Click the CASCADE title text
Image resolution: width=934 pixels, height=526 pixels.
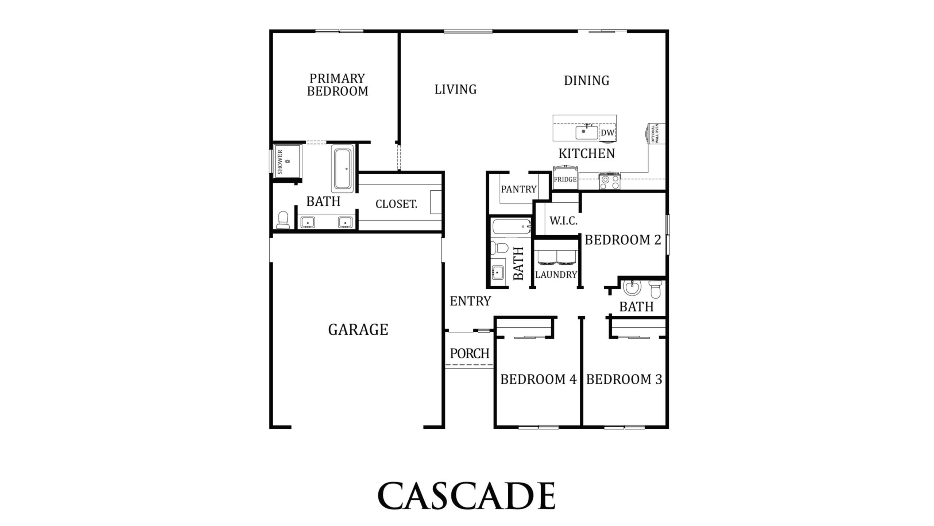pos(466,496)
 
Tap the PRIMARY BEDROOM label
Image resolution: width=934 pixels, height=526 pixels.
pos(337,85)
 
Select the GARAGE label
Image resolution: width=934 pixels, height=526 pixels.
pos(358,329)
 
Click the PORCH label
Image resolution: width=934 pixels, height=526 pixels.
pos(470,354)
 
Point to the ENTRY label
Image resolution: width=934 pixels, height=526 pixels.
pos(470,301)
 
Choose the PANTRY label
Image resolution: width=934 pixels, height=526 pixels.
pos(518,189)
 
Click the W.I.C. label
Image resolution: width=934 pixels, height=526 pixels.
pos(563,221)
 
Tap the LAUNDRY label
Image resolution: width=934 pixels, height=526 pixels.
pos(556,275)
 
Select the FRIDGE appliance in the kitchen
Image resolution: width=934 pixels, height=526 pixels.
pos(565,178)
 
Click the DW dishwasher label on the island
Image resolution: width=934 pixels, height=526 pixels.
pos(607,133)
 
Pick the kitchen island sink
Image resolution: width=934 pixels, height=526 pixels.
pos(587,132)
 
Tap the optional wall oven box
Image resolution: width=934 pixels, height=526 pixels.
pos(656,134)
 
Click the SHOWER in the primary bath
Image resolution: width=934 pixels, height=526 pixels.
pos(287,161)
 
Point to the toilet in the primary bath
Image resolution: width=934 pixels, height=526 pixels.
pos(283,220)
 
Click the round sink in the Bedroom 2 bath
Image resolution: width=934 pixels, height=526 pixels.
pos(632,287)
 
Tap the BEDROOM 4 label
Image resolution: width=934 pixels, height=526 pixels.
pos(538,380)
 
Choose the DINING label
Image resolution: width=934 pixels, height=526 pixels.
pos(587,80)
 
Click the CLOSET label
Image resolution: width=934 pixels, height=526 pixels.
pos(396,204)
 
